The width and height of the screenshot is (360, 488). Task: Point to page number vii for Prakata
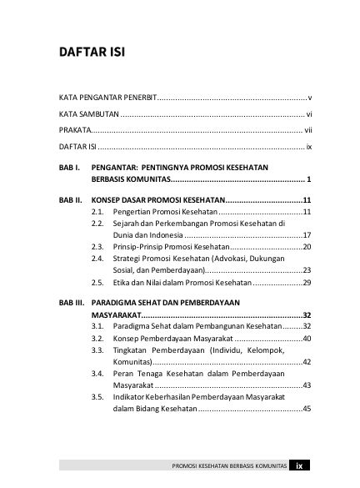pos(307,130)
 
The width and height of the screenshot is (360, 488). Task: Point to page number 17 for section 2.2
pos(307,235)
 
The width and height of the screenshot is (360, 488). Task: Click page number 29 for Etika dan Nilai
pos(307,284)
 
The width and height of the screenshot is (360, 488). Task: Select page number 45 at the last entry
pos(307,408)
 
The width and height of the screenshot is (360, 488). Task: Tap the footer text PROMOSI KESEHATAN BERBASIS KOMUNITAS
pos(228,466)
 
